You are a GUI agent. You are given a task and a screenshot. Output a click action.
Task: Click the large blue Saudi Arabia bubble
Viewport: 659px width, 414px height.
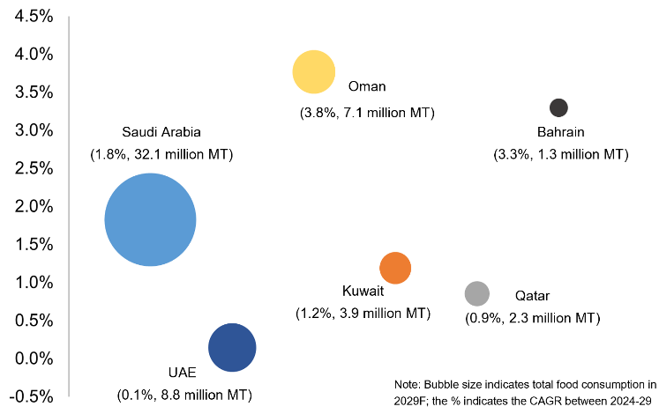pyautogui.click(x=150, y=219)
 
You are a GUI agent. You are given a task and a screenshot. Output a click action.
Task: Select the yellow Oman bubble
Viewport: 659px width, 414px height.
pyautogui.click(x=314, y=72)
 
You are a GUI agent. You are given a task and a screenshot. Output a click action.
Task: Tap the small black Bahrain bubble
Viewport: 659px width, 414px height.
pyautogui.click(x=558, y=107)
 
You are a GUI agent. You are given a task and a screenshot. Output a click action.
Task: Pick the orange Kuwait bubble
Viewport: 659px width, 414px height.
pyautogui.click(x=395, y=268)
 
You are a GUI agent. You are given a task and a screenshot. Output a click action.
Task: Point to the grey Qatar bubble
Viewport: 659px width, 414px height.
pyautogui.click(x=476, y=293)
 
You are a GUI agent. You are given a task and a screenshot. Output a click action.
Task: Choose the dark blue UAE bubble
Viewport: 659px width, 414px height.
pyautogui.click(x=232, y=348)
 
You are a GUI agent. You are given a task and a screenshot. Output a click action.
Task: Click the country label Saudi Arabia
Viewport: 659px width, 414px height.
pyautogui.click(x=161, y=133)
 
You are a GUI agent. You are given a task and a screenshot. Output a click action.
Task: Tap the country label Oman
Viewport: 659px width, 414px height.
pyautogui.click(x=367, y=86)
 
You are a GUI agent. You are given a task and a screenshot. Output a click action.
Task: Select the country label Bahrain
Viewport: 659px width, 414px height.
pyautogui.click(x=561, y=133)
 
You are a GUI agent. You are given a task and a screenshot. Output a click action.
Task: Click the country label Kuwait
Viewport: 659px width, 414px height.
pyautogui.click(x=363, y=291)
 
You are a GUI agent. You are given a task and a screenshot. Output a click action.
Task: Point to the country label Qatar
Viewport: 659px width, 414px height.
pyautogui.click(x=532, y=295)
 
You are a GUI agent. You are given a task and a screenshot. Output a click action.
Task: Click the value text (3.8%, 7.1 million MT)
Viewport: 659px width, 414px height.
pyautogui.click(x=368, y=113)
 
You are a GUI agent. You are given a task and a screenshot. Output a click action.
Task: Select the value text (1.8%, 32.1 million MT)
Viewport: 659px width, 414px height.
pyautogui.click(x=161, y=154)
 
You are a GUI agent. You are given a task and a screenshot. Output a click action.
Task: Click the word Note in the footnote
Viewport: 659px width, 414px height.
pyautogui.click(x=408, y=384)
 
